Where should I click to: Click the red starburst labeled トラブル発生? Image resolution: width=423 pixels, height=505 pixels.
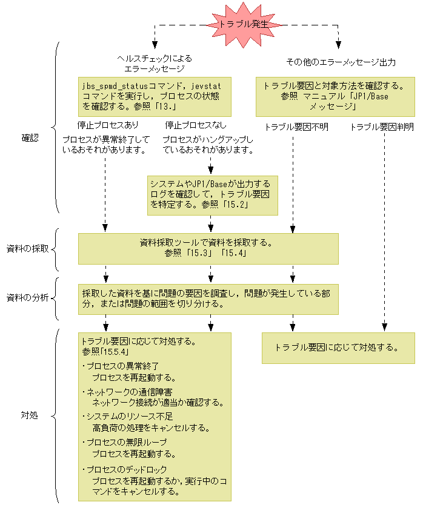point(243,24)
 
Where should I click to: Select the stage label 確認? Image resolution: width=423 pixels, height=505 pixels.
point(30,138)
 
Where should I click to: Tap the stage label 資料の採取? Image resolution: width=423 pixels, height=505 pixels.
point(28,249)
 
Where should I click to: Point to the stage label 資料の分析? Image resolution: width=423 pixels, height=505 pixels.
point(28,297)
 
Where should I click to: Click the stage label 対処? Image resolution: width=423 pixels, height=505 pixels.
point(29,415)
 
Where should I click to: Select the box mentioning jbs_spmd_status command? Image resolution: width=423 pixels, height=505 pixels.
point(155,97)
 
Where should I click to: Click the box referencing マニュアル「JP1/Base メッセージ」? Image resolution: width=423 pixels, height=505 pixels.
point(335,97)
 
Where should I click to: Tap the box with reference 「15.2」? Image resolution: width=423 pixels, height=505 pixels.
point(213,196)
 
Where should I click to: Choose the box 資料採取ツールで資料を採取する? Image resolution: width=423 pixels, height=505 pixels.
point(208,249)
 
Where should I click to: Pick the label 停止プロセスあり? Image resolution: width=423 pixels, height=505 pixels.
point(108,125)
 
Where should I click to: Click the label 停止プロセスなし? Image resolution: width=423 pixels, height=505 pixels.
point(196,125)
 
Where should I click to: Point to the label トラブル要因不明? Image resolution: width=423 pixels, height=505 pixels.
point(296,127)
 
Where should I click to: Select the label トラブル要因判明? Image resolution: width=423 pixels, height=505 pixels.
point(382,127)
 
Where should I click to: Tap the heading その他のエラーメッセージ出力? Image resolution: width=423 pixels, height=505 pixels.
point(341,62)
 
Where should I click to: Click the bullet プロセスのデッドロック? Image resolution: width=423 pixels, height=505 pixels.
point(125,469)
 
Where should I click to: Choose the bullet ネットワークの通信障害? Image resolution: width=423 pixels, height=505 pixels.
point(127,392)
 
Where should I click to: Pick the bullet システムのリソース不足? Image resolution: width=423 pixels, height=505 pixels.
point(128,417)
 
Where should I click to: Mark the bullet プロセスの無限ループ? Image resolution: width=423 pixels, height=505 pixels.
point(125,442)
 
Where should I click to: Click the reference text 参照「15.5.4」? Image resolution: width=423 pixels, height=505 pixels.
point(105,352)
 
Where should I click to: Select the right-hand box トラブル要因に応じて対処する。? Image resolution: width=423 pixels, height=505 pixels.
point(338,348)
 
